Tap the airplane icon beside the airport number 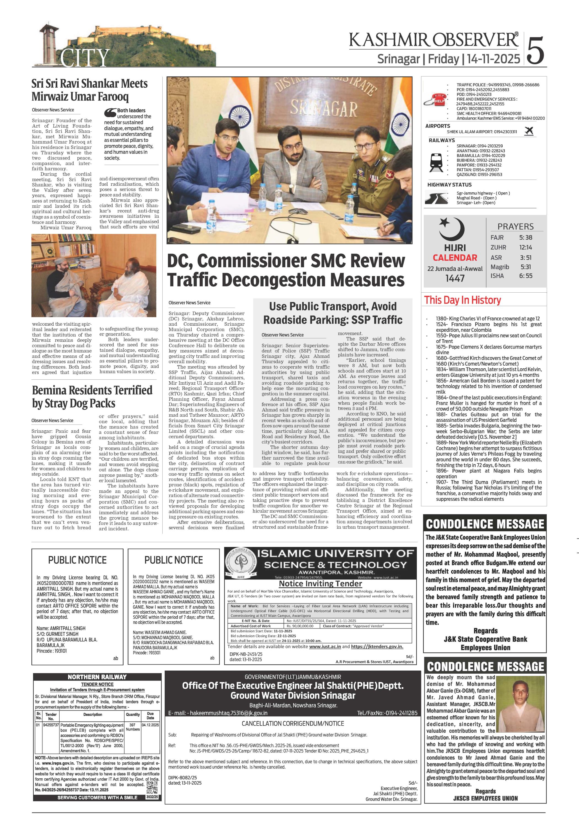coord(529,131)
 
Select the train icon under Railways coord(436,163)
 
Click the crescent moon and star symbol coord(451,229)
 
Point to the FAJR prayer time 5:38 coord(526,238)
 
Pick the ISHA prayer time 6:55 coord(526,276)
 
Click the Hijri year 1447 coord(455,278)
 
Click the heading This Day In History coord(462,300)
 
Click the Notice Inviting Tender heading coord(320,584)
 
